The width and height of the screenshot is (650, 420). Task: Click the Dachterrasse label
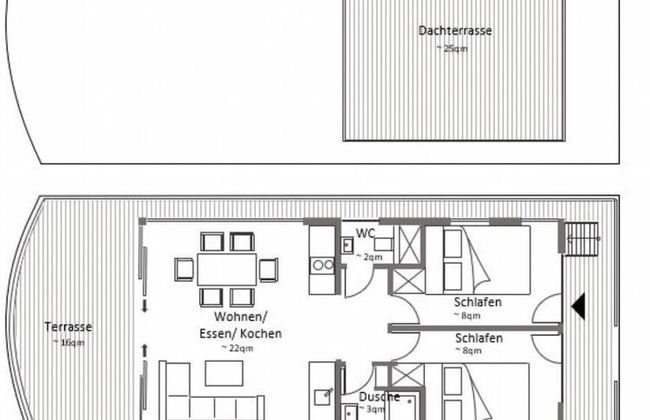point(455,31)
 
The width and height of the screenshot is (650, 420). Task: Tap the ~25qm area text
point(452,49)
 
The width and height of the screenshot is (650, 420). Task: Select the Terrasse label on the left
point(68,327)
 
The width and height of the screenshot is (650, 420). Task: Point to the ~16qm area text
point(69,342)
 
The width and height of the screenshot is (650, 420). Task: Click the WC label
point(365,234)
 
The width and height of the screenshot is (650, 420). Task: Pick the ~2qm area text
point(369,257)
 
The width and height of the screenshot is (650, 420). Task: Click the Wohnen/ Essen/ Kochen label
point(240,325)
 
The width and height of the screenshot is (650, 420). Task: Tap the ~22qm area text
point(237,348)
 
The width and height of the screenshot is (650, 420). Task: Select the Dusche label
point(379,397)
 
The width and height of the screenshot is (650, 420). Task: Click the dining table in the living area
point(227,269)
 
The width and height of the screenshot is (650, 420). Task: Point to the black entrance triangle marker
point(578,306)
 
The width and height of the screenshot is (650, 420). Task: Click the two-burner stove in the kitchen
point(323,265)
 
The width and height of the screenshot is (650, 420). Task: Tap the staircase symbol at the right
point(582,239)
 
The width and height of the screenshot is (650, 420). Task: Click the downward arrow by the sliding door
point(145,306)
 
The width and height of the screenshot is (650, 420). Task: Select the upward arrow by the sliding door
point(145,351)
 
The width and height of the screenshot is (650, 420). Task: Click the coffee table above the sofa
point(224,373)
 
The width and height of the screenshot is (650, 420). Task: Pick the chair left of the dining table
point(184,269)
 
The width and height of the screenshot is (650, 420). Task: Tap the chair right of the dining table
point(269,270)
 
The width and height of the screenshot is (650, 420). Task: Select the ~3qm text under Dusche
point(372,409)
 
